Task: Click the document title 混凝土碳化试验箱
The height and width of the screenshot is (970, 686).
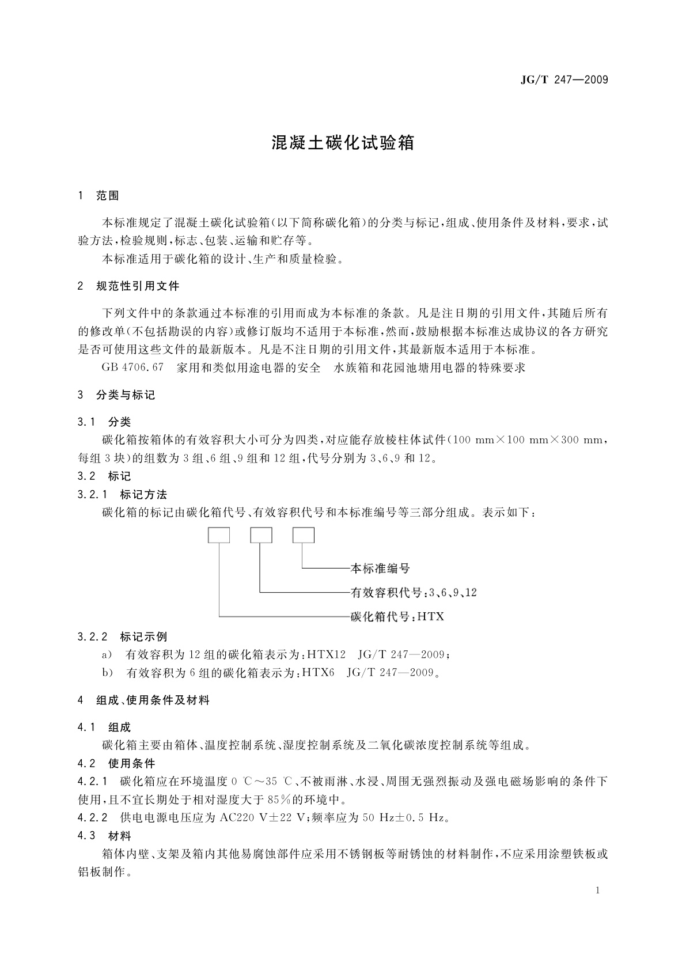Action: (343, 143)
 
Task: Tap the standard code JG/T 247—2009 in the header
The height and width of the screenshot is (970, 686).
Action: (564, 80)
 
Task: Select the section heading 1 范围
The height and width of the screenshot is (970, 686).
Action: (98, 196)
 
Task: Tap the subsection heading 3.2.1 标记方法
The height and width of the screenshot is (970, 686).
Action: (122, 494)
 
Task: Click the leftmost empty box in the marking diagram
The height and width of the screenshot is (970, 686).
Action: (219, 535)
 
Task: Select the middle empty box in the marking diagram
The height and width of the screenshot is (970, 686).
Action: (261, 535)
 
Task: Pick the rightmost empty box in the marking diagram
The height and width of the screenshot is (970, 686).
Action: (304, 535)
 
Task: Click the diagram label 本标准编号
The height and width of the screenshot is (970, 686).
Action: (380, 569)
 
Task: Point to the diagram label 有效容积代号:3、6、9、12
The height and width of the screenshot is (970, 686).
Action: (414, 593)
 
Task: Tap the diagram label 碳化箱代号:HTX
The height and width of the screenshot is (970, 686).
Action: (397, 617)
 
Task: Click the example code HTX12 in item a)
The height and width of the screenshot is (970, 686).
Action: (326, 654)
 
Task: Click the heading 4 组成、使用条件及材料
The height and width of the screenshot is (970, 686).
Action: (143, 700)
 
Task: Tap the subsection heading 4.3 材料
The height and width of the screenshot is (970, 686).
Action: (104, 836)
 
